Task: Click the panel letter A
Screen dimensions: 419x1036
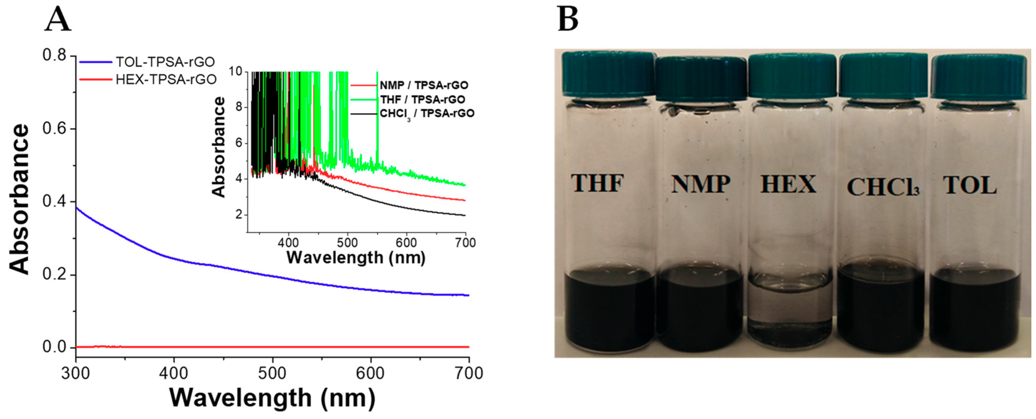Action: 57,20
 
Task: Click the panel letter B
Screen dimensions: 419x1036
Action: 568,20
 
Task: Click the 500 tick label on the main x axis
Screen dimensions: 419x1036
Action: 272,373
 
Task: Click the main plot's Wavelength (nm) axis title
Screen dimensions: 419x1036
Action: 272,398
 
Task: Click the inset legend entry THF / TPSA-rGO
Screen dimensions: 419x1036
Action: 422,99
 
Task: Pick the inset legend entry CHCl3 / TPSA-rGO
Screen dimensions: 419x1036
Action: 426,113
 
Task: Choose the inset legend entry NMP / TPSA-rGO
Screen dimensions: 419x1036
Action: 423,85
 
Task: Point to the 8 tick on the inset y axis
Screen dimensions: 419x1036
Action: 239,107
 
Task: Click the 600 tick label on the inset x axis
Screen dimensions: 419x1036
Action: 406,243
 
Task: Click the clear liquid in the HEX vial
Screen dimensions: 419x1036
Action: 789,310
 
